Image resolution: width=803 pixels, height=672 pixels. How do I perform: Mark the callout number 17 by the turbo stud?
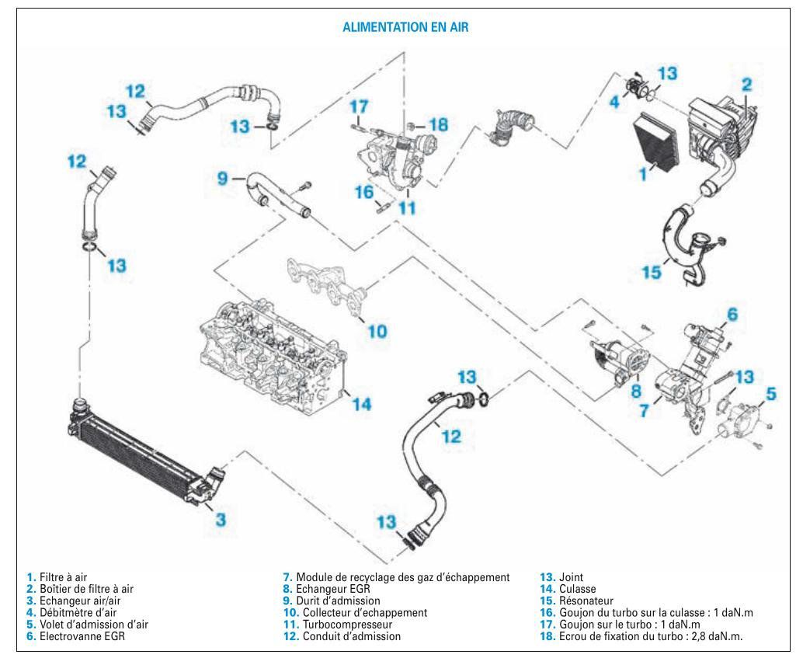pos(358,105)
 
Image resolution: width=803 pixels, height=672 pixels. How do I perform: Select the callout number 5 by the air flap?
pos(770,394)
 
